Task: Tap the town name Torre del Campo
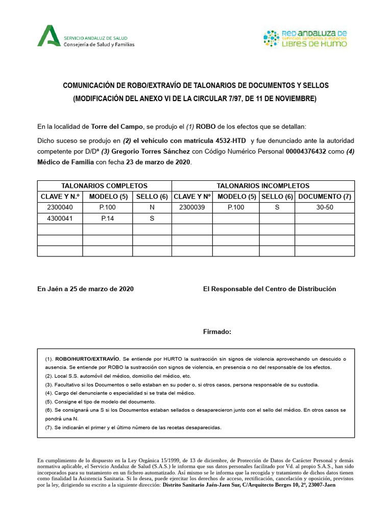point(116,126)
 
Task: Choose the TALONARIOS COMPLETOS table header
point(104,186)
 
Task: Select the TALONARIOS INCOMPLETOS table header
point(263,186)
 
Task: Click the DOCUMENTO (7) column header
point(325,197)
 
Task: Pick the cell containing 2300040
point(60,207)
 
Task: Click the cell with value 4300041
point(60,218)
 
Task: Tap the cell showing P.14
point(107,218)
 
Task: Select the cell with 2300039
point(191,207)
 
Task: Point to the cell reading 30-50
point(325,207)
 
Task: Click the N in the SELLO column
point(152,207)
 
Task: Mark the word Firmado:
point(217,332)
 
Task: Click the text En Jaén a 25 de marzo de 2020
point(85,289)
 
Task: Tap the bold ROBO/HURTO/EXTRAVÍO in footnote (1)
point(88,359)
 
